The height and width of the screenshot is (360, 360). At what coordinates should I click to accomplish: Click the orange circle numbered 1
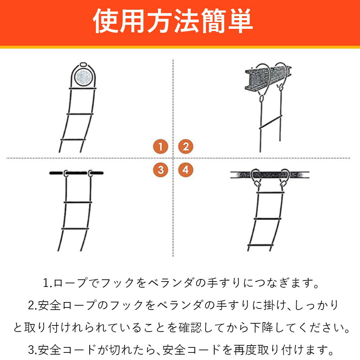(x=161, y=147)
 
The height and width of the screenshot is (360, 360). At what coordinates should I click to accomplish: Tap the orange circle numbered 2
(x=186, y=147)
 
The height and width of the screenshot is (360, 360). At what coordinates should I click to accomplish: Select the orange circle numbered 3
(x=161, y=170)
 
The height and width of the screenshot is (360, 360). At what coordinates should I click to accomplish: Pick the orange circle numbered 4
(x=186, y=170)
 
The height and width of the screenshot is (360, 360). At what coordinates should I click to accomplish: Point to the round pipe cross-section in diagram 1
(x=83, y=77)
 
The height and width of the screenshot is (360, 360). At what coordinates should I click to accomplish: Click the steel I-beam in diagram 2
(x=268, y=78)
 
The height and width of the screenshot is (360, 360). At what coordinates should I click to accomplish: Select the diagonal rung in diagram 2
(x=270, y=122)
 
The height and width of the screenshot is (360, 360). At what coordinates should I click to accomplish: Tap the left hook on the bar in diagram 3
(x=66, y=174)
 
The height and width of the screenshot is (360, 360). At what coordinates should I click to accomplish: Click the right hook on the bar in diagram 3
(x=90, y=174)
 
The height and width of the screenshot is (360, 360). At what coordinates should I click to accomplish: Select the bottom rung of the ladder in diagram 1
(x=73, y=139)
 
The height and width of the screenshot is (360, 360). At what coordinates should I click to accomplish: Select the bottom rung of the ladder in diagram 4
(x=260, y=246)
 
